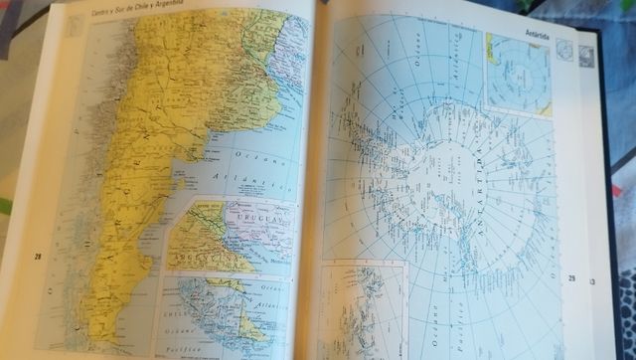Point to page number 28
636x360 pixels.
[x=38, y=257]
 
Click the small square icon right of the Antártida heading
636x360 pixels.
[x=564, y=51]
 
